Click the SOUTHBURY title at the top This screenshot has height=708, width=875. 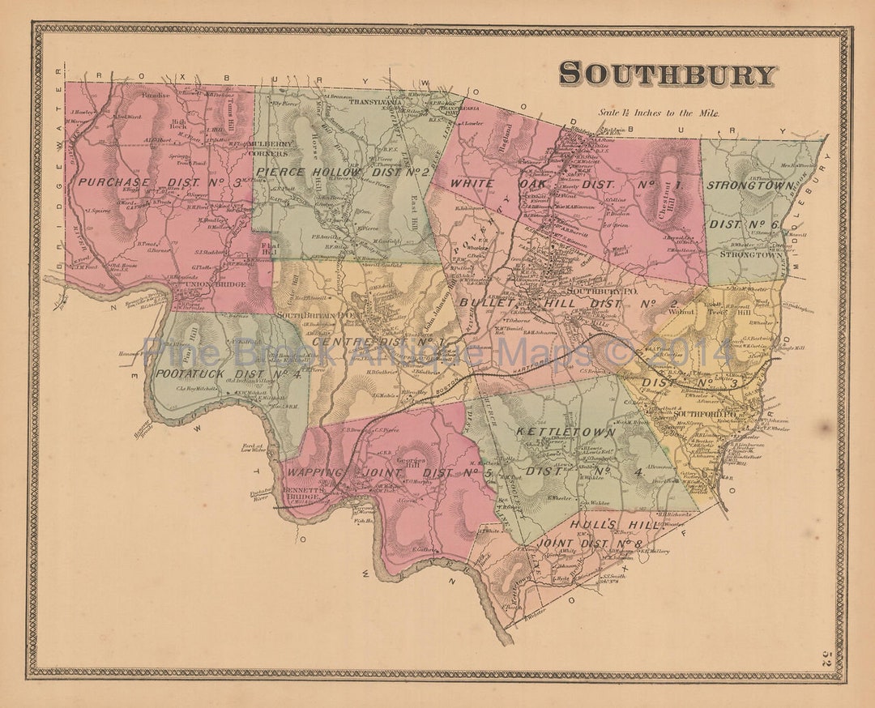pos(667,75)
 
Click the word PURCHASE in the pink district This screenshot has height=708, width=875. pos(113,182)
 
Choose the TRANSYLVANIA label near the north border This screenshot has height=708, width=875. pos(376,103)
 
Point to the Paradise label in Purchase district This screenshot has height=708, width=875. pos(155,95)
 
